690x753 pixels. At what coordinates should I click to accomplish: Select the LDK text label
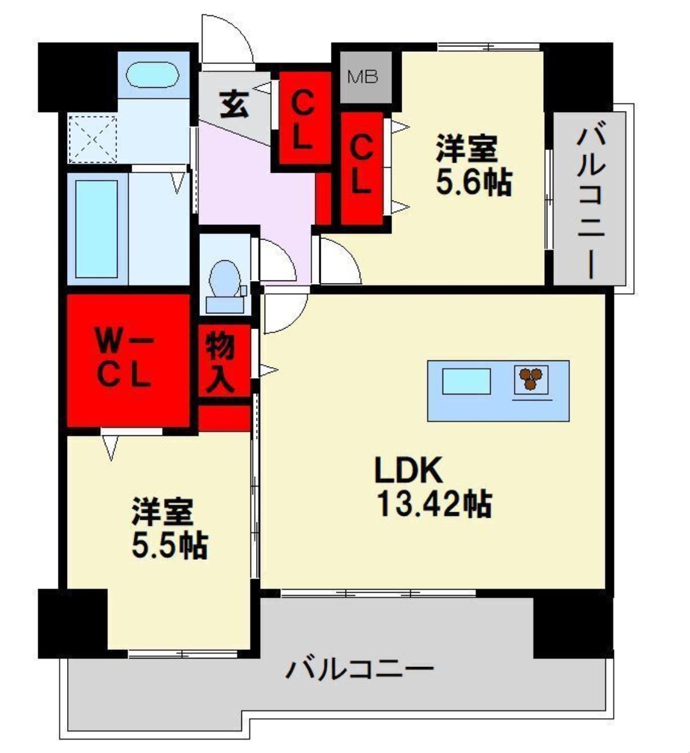[x=407, y=471]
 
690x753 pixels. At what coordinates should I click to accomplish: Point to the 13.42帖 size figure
[x=434, y=504]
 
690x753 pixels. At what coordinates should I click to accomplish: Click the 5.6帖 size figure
[x=474, y=181]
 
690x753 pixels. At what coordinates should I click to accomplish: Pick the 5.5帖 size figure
[x=169, y=544]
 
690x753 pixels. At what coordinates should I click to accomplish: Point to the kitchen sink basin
[x=466, y=382]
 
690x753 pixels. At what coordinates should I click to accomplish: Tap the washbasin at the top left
[x=152, y=77]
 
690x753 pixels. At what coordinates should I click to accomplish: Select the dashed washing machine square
[x=92, y=138]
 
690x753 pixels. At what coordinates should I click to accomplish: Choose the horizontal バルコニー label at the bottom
[x=360, y=669]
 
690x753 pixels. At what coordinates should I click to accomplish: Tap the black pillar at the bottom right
[x=572, y=626]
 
